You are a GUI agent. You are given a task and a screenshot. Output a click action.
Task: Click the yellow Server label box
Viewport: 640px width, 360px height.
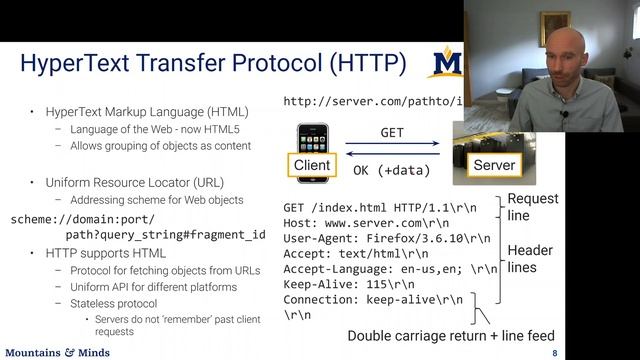pyautogui.click(x=493, y=165)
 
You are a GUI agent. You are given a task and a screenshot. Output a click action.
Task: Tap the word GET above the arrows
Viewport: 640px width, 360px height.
pyautogui.click(x=392, y=132)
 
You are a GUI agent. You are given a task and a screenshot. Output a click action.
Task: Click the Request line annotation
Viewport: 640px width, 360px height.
pyautogui.click(x=533, y=207)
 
